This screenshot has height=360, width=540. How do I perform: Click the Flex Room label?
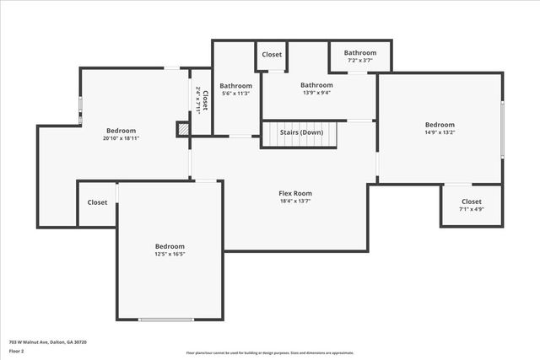295,193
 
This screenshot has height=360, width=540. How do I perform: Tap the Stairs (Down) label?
301,132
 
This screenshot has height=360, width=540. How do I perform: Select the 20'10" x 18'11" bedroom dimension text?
121,139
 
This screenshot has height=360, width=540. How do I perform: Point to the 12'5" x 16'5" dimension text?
170,254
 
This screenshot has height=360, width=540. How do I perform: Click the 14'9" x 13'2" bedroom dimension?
440,132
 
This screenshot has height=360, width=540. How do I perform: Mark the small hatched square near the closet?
182,129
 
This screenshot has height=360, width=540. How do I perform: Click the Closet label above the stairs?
272,55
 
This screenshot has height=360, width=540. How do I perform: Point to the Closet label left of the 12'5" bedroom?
97,202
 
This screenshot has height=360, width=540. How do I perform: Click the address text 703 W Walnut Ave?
48,342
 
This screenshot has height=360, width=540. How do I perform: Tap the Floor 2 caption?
17,351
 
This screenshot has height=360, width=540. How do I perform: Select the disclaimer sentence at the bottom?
270,353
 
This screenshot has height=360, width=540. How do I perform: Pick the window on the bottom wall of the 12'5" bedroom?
166,320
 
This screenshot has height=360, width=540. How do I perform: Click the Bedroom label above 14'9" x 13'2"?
440,125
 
